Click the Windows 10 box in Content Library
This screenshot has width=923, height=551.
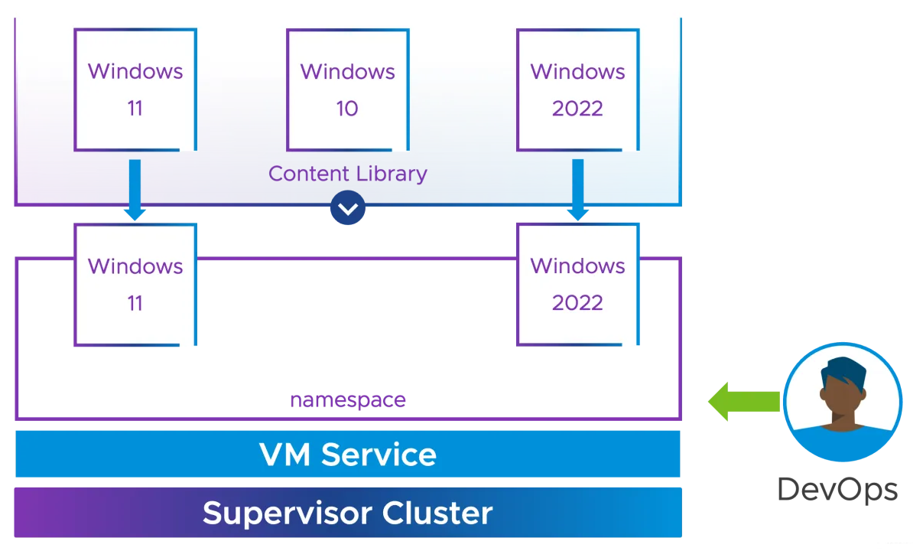coord(348,90)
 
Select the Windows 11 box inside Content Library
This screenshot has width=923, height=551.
coord(135,90)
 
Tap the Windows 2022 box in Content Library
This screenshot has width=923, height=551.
coord(578,90)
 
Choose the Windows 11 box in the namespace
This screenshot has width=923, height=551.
coord(135,285)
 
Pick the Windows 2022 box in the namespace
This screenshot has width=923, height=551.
coord(578,285)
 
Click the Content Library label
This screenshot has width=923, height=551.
coord(348,174)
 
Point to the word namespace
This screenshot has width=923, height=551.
coord(348,399)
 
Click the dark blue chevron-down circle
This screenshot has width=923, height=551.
coord(348,207)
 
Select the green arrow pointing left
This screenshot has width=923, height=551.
coord(744,401)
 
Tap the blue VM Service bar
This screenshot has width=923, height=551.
coord(348,454)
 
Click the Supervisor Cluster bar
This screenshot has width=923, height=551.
coord(348,512)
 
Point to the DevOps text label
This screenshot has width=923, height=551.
coord(837,490)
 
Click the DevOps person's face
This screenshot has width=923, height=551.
coord(841,398)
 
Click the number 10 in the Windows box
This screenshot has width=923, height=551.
coord(347,109)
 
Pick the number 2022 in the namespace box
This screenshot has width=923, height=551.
coord(577,303)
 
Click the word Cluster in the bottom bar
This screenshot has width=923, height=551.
coord(437,513)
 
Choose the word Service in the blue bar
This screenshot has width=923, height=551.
coord(379,455)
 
